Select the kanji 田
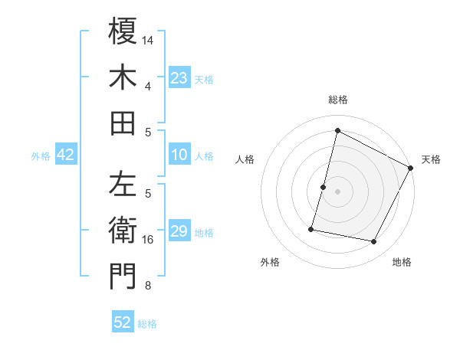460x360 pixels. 123,123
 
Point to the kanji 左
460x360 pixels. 123,184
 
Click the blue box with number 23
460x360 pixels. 179,77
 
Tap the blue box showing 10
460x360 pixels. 179,155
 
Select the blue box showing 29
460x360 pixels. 179,231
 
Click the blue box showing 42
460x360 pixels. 66,155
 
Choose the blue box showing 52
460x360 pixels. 123,322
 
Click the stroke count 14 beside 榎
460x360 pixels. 149,39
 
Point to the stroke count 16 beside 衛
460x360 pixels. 149,240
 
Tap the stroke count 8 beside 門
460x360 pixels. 148,286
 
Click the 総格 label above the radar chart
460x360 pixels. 338,100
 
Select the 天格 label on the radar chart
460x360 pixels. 431,160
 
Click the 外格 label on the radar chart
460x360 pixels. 270,263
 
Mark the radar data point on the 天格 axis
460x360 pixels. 411,168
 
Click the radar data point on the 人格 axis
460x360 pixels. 324,187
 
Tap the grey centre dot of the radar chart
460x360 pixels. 338,191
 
